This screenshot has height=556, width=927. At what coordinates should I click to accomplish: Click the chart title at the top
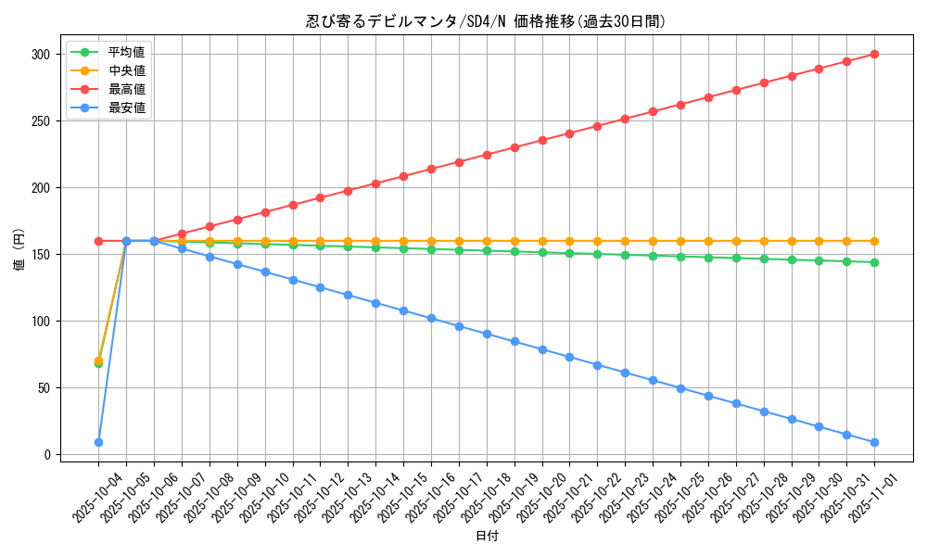(486, 21)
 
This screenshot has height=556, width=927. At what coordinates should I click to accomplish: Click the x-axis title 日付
(487, 537)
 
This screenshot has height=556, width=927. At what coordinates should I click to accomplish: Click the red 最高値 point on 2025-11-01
(874, 55)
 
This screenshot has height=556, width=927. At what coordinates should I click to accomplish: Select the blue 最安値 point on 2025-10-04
(98, 443)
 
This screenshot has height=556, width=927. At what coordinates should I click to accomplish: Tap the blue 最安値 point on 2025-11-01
(874, 443)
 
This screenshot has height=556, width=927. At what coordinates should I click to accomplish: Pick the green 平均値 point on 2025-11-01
(874, 262)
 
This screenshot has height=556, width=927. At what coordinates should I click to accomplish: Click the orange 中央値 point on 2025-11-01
(874, 241)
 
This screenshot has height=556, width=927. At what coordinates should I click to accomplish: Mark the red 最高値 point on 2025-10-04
(98, 241)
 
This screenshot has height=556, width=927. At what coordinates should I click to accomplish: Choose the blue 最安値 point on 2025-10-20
(542, 349)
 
